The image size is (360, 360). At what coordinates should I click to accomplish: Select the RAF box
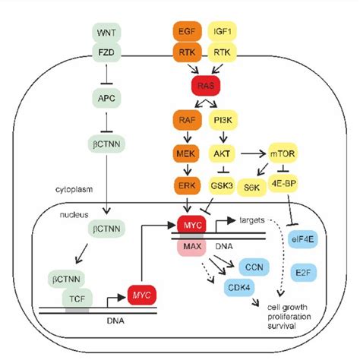pyautogui.click(x=188, y=119)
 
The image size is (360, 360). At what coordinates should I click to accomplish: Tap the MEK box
pyautogui.click(x=188, y=153)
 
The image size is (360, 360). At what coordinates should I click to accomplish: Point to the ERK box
pyautogui.click(x=188, y=185)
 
